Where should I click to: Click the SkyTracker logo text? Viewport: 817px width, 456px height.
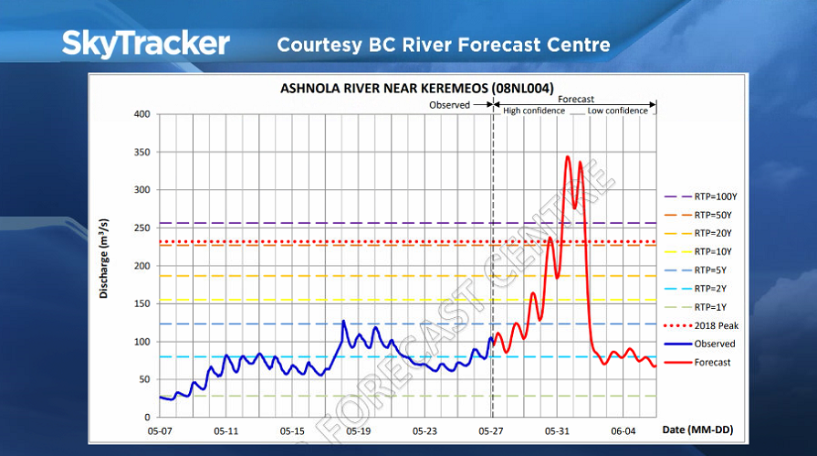pos(146,43)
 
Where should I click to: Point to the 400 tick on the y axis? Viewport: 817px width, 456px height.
pos(141,114)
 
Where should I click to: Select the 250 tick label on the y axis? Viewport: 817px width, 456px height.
pos(141,228)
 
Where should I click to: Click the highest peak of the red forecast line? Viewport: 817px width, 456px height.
pos(568,156)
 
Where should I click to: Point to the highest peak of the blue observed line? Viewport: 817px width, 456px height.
pos(343,321)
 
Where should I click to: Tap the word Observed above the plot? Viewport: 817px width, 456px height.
pos(449,105)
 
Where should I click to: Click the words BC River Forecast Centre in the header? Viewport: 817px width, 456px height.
pos(486,44)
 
